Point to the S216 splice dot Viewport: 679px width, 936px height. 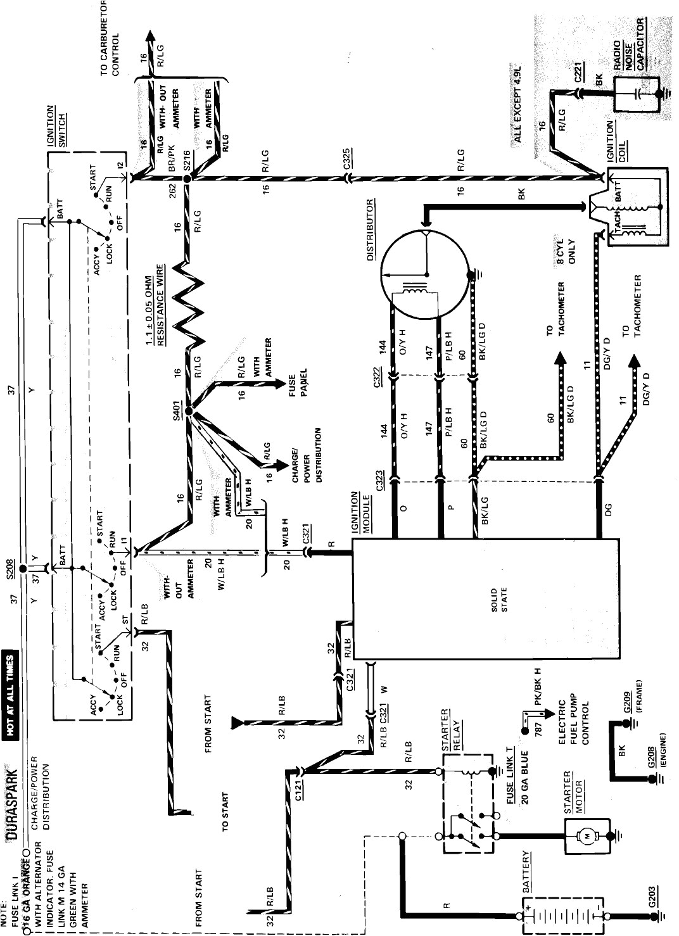pyautogui.click(x=187, y=180)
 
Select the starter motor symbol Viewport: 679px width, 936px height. pyautogui.click(x=586, y=836)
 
